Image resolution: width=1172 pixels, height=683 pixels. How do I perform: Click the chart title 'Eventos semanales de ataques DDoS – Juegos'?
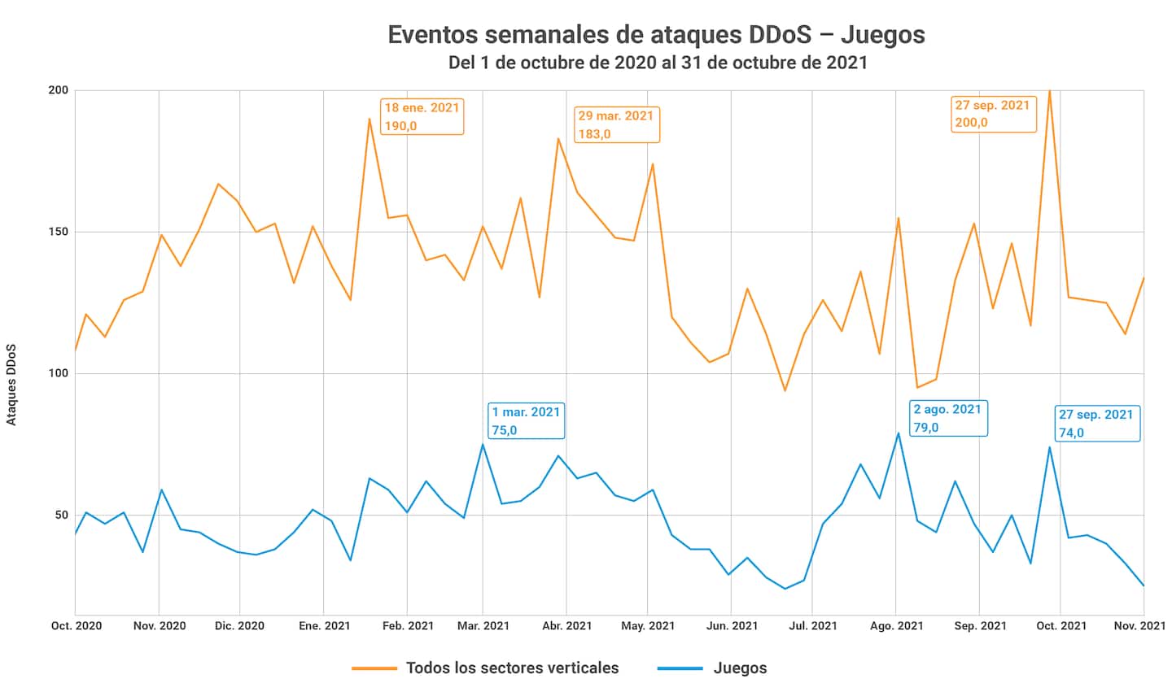click(x=656, y=35)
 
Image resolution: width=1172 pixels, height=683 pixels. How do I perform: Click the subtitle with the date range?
click(x=656, y=63)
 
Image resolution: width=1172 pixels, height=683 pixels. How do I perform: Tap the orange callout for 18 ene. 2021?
click(x=422, y=115)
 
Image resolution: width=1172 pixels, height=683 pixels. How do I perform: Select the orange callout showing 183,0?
click(x=616, y=124)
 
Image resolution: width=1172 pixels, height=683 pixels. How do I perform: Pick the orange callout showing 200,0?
click(x=992, y=114)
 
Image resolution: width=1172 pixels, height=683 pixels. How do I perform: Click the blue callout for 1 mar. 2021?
click(x=526, y=420)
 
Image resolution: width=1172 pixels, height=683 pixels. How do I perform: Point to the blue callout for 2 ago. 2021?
click(x=947, y=418)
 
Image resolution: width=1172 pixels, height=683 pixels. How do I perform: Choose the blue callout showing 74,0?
click(x=1097, y=423)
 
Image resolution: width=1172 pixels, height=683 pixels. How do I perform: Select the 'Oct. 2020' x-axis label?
click(x=75, y=625)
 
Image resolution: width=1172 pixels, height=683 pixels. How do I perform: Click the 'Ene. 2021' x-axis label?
click(x=324, y=625)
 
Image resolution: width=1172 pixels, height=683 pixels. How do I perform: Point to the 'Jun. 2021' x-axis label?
click(x=731, y=625)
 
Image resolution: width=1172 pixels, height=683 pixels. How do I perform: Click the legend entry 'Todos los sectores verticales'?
click(x=512, y=668)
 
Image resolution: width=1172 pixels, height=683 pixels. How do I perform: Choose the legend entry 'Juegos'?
click(x=740, y=668)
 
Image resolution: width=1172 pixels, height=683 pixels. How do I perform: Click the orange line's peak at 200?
click(x=1050, y=91)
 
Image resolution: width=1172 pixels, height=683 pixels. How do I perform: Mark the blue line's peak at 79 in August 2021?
click(x=899, y=433)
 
